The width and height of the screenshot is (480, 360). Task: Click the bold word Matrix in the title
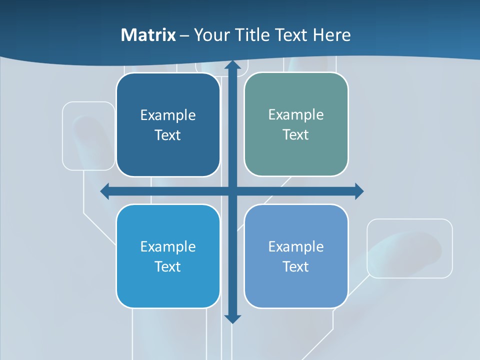[x=148, y=35]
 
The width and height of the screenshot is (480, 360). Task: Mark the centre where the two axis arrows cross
[x=232, y=191]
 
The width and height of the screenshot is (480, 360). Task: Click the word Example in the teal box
[x=296, y=114]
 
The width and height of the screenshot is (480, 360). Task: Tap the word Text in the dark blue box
[x=167, y=135]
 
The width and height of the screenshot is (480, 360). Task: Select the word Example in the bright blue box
[x=167, y=246]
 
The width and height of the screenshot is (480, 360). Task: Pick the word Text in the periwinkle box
[x=296, y=266]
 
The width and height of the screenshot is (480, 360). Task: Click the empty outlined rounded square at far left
[x=88, y=135]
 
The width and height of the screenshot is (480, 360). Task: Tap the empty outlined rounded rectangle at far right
[x=409, y=248]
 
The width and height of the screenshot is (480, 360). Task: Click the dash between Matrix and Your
[x=184, y=35]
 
